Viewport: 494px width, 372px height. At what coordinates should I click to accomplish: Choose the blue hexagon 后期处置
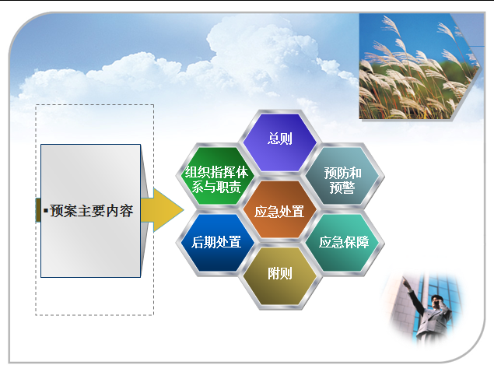[216, 243]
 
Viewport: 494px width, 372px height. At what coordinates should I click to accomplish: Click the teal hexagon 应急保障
[343, 243]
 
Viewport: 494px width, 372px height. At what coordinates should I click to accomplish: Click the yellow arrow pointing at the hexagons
[163, 209]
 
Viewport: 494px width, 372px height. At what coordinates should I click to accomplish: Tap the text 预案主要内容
[92, 211]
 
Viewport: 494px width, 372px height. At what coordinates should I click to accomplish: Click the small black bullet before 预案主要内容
[46, 210]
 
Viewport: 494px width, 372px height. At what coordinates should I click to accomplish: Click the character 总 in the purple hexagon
[274, 138]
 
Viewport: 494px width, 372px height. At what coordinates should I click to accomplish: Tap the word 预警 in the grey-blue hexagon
[342, 188]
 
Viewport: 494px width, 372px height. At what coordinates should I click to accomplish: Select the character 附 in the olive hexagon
[274, 273]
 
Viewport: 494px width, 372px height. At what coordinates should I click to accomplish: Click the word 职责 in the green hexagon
[229, 187]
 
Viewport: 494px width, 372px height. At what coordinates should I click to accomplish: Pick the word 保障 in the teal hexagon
[356, 242]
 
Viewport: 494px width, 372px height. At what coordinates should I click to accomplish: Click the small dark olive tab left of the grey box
[38, 209]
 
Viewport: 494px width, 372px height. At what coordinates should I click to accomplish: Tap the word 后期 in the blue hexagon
[204, 242]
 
